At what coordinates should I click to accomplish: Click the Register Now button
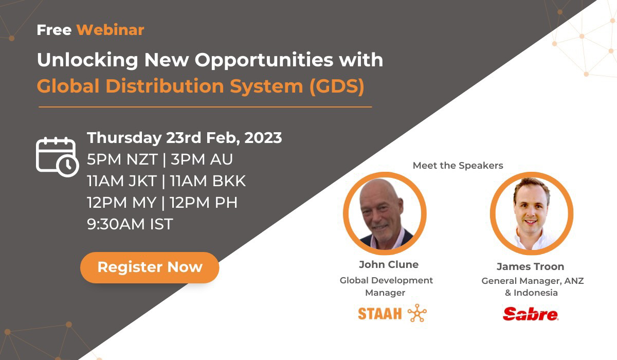coord(150,267)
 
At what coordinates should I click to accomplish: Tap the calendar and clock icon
coord(57,157)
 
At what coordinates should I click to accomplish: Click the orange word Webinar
coord(110,30)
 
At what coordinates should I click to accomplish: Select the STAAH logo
coord(392,313)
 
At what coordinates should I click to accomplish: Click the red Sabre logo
coord(531,314)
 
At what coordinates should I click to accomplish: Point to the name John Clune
coord(389,264)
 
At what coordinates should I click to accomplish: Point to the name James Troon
coord(530,266)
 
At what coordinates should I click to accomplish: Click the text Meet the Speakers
coord(458,165)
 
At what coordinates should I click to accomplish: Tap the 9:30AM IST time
coord(130,224)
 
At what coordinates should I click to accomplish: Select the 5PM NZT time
coord(122,159)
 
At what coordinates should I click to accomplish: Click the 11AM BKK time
coord(208,181)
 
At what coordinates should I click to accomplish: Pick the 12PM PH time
coord(203,202)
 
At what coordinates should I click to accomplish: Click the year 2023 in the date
coord(263,137)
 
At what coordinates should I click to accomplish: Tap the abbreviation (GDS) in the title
coord(337,86)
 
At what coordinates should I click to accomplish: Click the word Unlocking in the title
coord(87,60)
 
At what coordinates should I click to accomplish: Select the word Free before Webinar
coord(54,30)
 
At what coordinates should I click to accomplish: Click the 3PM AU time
coord(202,159)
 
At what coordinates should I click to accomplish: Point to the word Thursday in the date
coord(124,138)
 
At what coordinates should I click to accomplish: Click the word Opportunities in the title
coord(264,60)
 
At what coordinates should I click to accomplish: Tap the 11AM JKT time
coord(122,181)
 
